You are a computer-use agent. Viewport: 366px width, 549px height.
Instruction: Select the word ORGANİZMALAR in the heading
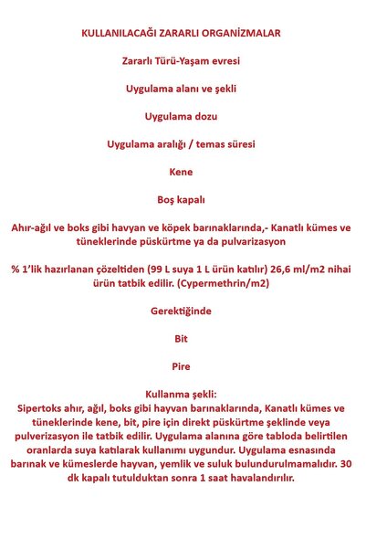click(x=243, y=33)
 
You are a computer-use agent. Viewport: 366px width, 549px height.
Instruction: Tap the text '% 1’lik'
click(x=28, y=269)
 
